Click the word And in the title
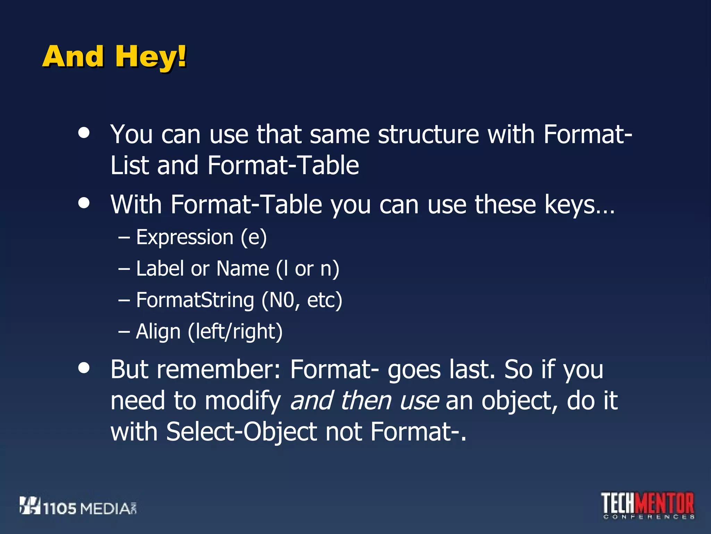click(73, 57)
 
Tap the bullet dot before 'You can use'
click(84, 132)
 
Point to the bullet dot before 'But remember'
click(84, 367)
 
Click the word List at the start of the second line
click(129, 165)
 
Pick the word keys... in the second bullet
click(579, 205)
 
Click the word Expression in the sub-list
click(185, 237)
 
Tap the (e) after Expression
click(254, 237)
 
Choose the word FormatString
click(195, 300)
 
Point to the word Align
click(158, 331)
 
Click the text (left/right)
click(235, 331)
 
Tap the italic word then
click(366, 400)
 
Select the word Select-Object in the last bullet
click(242, 432)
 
